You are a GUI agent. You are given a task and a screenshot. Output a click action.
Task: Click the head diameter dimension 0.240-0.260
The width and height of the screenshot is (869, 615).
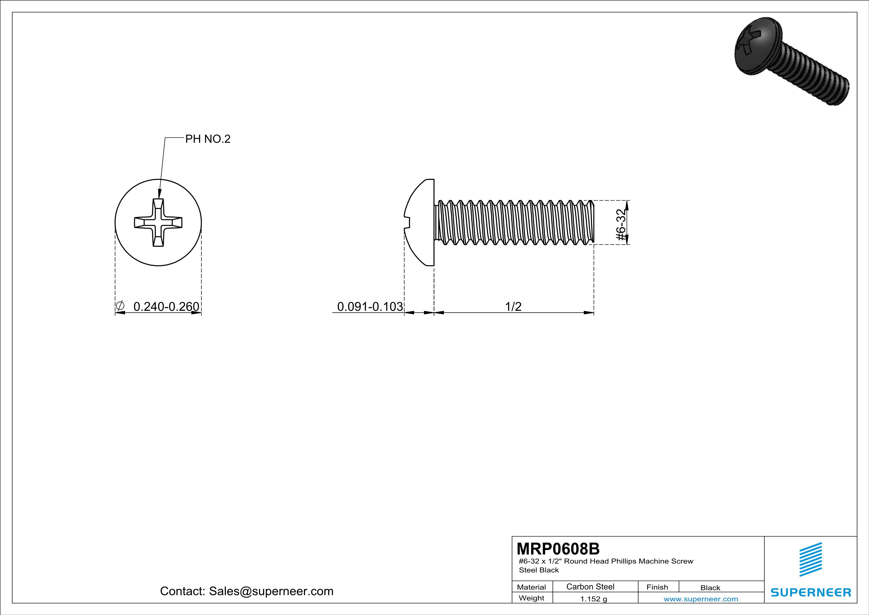[166, 306]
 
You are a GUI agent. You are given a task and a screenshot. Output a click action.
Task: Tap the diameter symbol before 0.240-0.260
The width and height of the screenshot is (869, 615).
[120, 305]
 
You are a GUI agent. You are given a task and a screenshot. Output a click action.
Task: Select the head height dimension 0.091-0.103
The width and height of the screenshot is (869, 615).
[370, 306]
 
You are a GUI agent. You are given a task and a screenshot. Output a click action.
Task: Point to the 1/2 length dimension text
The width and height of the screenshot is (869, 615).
[513, 306]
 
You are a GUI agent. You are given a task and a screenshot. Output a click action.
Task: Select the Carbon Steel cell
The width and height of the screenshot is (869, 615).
[590, 586]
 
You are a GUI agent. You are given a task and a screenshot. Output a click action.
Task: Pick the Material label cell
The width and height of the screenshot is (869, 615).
[532, 587]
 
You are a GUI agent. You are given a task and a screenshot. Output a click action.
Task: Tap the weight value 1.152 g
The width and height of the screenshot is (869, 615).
[593, 599]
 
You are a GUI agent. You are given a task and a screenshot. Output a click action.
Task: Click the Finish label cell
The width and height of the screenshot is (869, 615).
[657, 587]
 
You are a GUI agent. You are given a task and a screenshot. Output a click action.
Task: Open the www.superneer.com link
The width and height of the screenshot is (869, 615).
[701, 599]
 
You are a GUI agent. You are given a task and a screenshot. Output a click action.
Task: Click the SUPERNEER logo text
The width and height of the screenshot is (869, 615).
[811, 592]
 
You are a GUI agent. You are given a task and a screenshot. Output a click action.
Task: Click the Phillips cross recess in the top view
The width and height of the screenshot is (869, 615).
[158, 222]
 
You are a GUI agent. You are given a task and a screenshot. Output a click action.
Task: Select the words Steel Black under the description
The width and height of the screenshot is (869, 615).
[539, 570]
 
